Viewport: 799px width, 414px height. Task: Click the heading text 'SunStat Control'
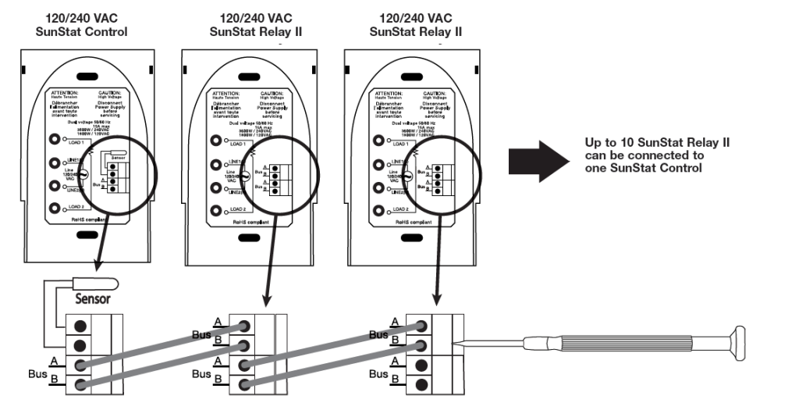point(82,31)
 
